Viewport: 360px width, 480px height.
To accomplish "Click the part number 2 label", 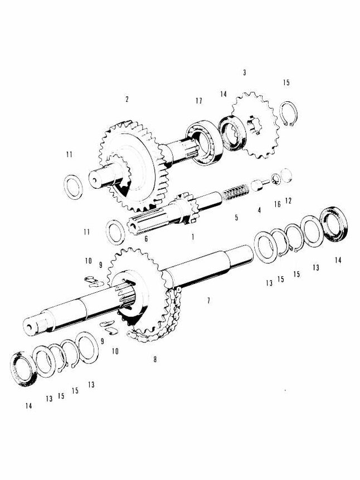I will (127, 100).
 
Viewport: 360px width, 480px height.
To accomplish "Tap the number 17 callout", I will (198, 101).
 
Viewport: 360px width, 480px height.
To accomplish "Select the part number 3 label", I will (244, 73).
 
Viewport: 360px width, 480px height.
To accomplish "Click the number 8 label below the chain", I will (154, 359).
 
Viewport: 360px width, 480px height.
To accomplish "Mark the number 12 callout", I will (288, 200).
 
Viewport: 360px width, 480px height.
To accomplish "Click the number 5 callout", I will (236, 218).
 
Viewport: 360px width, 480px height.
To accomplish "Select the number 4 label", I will (259, 210).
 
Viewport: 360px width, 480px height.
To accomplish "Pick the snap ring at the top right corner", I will (288, 114).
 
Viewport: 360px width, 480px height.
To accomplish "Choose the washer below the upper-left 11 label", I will (74, 186).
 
